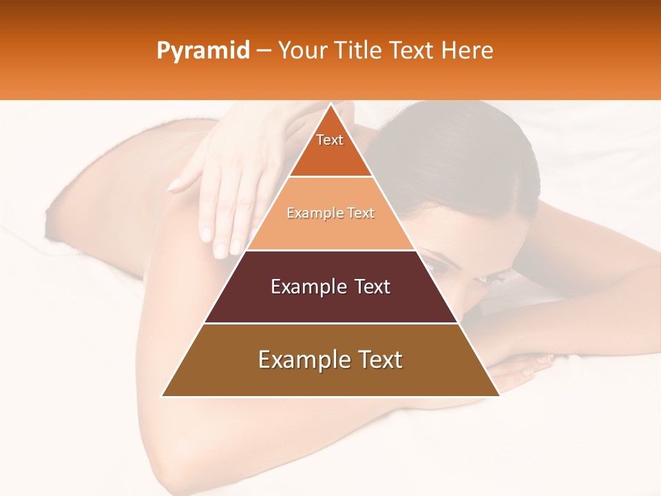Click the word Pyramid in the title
click(203, 51)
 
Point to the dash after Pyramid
click(263, 51)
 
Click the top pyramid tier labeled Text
click(330, 148)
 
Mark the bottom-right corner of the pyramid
click(499, 396)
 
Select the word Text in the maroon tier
click(371, 287)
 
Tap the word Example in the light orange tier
click(309, 213)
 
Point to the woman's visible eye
click(438, 262)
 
